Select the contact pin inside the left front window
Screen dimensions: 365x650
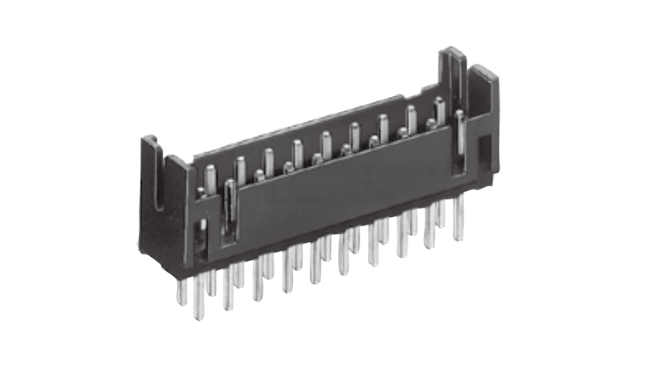point(230,206)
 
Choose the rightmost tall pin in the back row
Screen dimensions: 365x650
point(439,110)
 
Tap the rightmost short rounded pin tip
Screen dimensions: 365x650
point(430,123)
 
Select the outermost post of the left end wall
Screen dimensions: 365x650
point(148,174)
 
